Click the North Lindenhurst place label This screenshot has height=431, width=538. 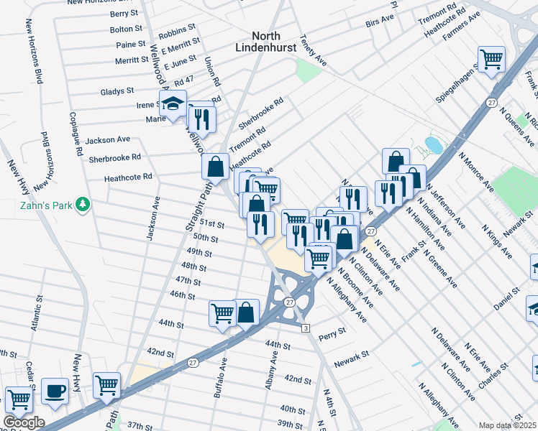click(270, 41)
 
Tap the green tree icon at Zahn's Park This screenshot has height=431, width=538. click(83, 205)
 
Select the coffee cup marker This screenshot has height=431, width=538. click(55, 391)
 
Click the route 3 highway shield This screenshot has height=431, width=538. click(305, 328)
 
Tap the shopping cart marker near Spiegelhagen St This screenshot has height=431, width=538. click(491, 59)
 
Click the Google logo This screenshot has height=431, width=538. click(23, 422)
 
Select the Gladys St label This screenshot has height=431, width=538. click(117, 92)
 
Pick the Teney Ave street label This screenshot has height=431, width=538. click(314, 52)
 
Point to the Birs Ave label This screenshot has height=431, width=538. click(382, 24)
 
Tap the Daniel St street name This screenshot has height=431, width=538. click(506, 300)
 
